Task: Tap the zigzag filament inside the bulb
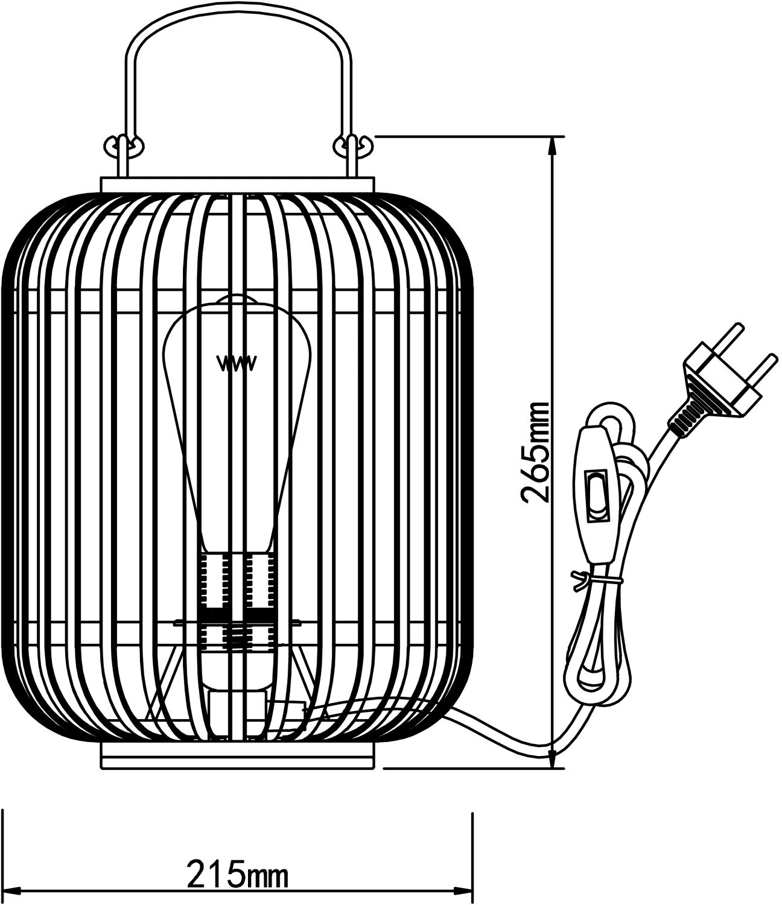tap(237, 363)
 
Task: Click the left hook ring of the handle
tap(122, 145)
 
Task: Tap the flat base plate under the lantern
tap(237, 757)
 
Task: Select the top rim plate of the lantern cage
tap(237, 185)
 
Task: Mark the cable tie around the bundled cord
tap(594, 580)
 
